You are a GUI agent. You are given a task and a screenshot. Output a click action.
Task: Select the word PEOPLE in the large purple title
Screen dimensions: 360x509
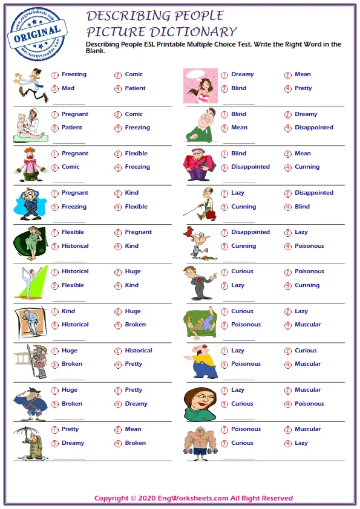click(x=192, y=16)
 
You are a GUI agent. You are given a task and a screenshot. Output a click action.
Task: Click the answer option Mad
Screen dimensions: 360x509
click(x=68, y=88)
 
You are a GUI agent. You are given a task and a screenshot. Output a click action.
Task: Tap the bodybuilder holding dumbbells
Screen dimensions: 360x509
click(x=200, y=442)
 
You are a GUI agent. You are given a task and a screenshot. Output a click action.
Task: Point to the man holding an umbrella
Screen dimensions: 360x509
click(x=30, y=442)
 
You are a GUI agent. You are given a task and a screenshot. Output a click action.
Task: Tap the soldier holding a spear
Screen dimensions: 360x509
click(x=30, y=362)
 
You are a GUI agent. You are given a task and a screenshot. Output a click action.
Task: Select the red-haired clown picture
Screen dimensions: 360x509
click(x=30, y=164)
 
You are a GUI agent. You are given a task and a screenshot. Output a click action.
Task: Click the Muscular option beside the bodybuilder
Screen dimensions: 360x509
click(x=307, y=429)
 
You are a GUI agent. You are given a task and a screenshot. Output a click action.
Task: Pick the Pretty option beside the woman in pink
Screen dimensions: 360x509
click(x=303, y=88)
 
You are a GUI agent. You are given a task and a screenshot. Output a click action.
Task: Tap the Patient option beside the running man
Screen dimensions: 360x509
click(x=135, y=88)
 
